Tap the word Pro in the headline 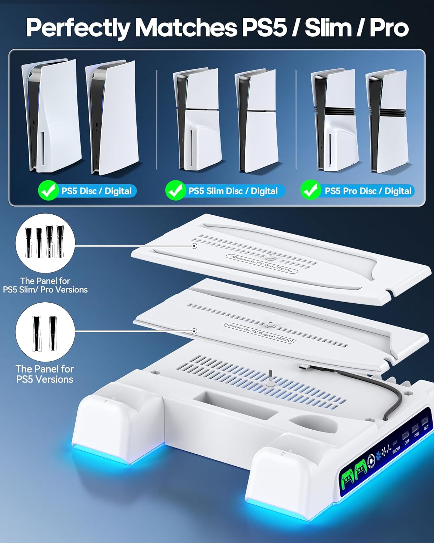389,28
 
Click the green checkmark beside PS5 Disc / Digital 48,190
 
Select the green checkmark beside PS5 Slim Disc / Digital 175,190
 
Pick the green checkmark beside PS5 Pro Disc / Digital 310,190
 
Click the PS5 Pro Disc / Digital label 368,191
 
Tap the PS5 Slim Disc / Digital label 233,191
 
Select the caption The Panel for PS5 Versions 45,374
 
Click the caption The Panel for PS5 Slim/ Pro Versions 45,285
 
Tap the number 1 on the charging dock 106,401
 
